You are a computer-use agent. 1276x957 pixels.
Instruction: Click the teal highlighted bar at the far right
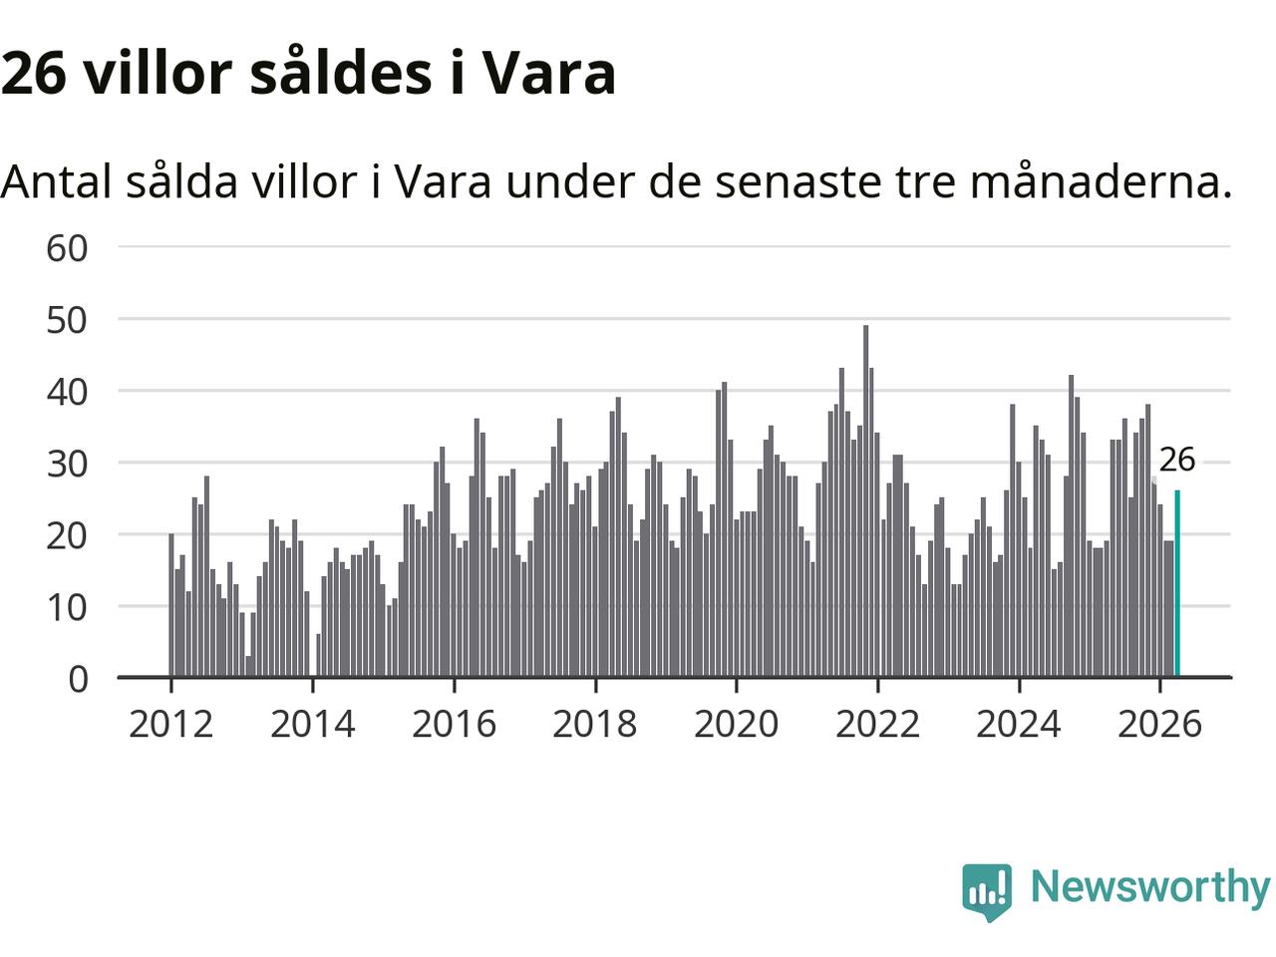coord(1177,583)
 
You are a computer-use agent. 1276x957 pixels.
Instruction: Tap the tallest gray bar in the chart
coord(865,500)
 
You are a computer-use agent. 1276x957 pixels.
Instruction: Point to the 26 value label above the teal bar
coord(1177,460)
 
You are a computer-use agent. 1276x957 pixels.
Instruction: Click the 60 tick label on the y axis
coord(67,248)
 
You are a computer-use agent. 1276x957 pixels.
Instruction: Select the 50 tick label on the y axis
coord(67,320)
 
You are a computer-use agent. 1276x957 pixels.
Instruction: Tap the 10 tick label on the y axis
coord(67,608)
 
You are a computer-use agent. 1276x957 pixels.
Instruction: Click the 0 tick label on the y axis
coord(78,679)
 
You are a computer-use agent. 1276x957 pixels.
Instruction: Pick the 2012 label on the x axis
coord(170,725)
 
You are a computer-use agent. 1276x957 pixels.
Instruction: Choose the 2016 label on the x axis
coord(454,725)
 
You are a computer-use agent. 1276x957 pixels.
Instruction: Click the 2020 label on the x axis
coord(737,725)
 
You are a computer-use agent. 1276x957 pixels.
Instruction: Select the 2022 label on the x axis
coord(878,725)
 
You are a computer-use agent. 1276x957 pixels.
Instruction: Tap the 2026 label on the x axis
coord(1159,725)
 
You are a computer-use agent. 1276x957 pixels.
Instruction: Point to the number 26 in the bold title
coord(34,74)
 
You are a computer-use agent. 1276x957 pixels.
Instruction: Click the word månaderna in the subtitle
coord(1101,181)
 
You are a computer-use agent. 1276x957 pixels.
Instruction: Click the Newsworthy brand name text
coord(1150,889)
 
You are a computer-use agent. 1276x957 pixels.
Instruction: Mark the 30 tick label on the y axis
coord(67,465)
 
